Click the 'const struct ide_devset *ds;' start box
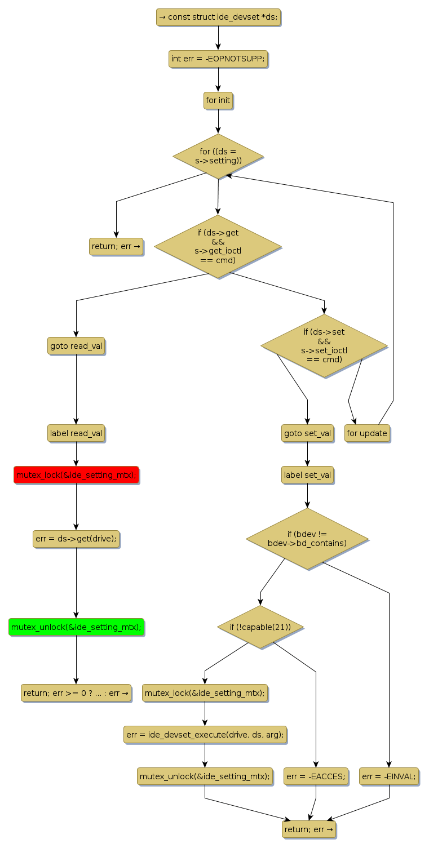tap(218, 17)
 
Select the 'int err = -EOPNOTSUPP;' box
tap(218, 59)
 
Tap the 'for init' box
tap(218, 101)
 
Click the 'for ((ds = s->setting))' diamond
tap(218, 156)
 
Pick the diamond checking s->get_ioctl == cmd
tap(218, 246)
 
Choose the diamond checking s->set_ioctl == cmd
tap(324, 345)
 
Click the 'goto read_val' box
tap(76, 346)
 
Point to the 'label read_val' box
tap(76, 433)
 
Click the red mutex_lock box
tap(76, 475)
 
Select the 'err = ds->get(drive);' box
tap(76, 539)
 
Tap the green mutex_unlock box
tap(76, 627)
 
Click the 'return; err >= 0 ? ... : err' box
tap(76, 692)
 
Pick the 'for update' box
tap(367, 433)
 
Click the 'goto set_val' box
tap(307, 433)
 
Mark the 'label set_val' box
tap(307, 475)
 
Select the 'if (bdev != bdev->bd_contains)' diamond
tap(307, 539)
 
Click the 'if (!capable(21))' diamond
tap(260, 627)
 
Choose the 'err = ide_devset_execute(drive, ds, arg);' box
tap(205, 735)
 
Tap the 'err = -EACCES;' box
tap(316, 776)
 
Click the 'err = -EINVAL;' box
tap(389, 776)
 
